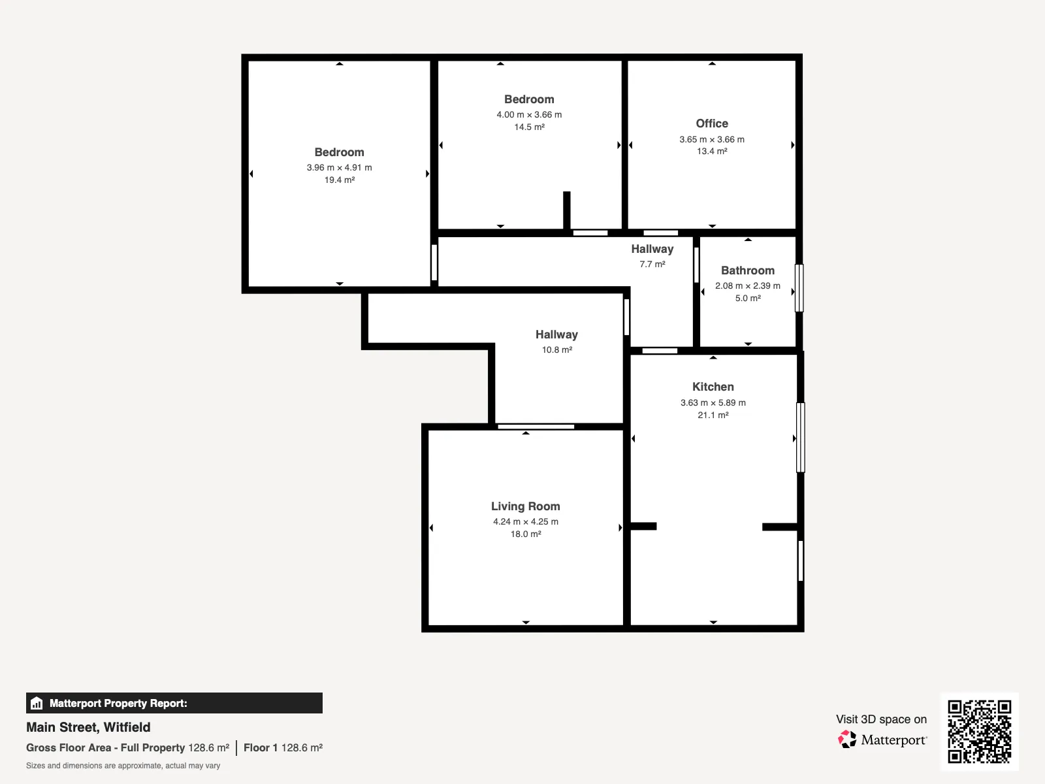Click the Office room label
click(712, 123)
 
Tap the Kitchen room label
click(713, 387)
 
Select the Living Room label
click(526, 506)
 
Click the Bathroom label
click(747, 270)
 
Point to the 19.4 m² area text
click(340, 180)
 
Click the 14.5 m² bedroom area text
click(530, 127)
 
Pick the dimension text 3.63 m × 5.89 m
click(713, 402)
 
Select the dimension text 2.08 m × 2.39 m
click(747, 286)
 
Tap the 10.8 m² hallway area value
click(556, 350)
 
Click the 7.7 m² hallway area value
click(652, 264)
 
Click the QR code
click(979, 732)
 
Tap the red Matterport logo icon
click(847, 740)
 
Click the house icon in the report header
click(37, 703)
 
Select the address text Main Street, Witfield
click(88, 727)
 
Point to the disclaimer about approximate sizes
click(123, 766)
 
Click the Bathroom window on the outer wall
click(799, 288)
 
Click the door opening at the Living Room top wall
click(536, 427)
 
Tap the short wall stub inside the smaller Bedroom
click(566, 210)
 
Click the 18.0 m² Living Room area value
click(526, 534)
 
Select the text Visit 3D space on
click(881, 719)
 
